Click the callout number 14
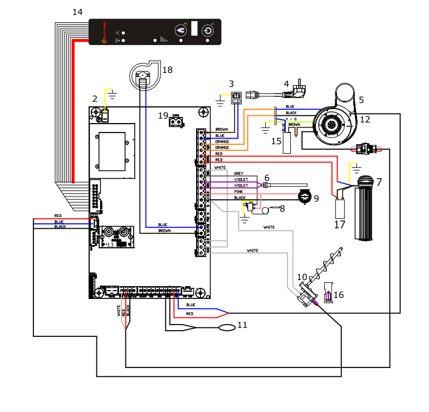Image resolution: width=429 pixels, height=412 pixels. pos(77,12)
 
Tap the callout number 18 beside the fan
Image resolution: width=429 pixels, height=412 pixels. pos(167,70)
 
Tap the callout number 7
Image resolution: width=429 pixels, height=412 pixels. pos(379,182)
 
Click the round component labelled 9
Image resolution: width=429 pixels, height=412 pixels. pos(305,196)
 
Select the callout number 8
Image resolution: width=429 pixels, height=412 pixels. pos(282,209)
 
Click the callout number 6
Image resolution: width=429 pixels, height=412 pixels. pos(267,178)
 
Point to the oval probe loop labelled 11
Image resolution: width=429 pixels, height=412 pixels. pos(227,327)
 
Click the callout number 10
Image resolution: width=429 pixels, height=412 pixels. pos(301,277)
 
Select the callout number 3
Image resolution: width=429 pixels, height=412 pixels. pos(231,84)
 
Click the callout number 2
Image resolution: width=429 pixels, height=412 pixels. pos(95,99)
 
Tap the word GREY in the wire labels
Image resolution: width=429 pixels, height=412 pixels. pos(238,174)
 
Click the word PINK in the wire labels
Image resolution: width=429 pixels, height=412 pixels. pos(238,192)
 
